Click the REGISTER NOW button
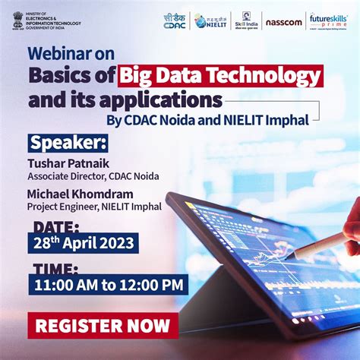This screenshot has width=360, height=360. coord(103,326)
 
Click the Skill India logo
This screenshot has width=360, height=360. coord(246,20)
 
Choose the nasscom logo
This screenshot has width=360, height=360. coord(284,21)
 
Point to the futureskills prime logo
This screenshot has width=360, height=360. coord(329,21)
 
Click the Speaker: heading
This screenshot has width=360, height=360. coord(68,143)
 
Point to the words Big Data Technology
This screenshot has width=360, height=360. coord(220,77)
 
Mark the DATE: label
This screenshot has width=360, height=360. coord(54,227)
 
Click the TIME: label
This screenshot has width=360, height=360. coord(54,268)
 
